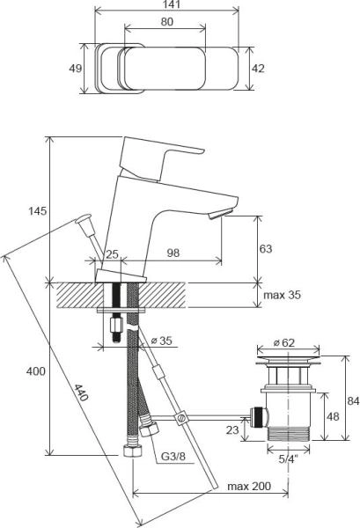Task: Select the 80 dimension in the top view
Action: (166, 22)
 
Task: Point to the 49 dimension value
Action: (75, 69)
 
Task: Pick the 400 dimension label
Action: (35, 372)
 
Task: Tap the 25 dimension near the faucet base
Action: (112, 254)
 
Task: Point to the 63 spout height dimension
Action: (266, 249)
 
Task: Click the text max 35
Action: (282, 296)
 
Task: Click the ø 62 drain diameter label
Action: (283, 342)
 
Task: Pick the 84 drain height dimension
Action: (353, 401)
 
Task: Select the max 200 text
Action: (246, 486)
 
